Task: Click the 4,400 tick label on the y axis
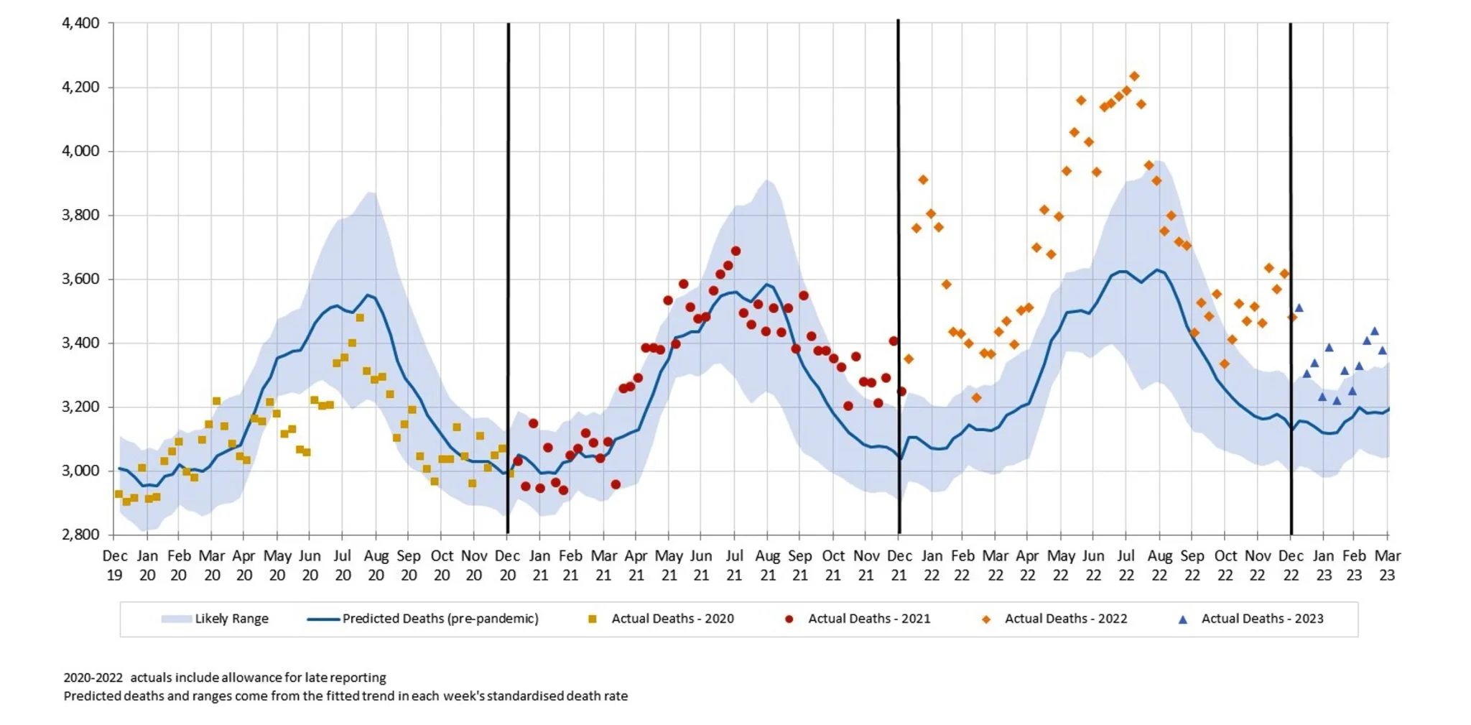(x=80, y=23)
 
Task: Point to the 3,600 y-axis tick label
(x=80, y=279)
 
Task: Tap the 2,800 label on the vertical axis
(x=80, y=535)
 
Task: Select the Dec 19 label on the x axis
(x=115, y=565)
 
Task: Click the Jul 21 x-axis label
(x=734, y=565)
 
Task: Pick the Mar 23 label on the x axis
(x=1387, y=565)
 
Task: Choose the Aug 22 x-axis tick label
(x=1159, y=565)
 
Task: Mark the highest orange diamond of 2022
(x=1134, y=76)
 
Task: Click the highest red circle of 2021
(x=735, y=251)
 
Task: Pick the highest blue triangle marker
(x=1299, y=308)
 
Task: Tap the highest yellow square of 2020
(x=360, y=318)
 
